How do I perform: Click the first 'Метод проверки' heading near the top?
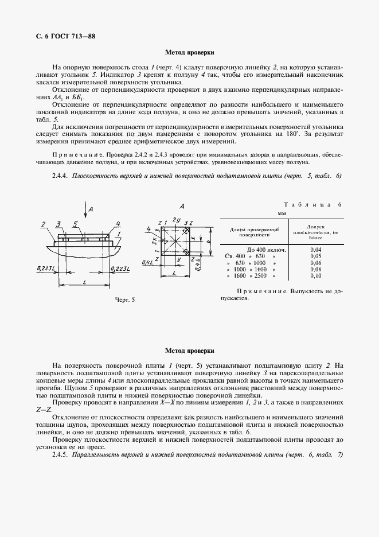pyautogui.click(x=189, y=52)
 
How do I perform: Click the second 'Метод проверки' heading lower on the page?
pyautogui.click(x=189, y=350)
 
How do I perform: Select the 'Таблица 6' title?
pyautogui.click(x=312, y=205)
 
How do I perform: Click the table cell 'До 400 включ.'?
pyautogui.click(x=267, y=250)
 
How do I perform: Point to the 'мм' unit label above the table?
pyautogui.click(x=282, y=213)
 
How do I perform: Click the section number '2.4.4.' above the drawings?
pyautogui.click(x=60, y=176)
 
